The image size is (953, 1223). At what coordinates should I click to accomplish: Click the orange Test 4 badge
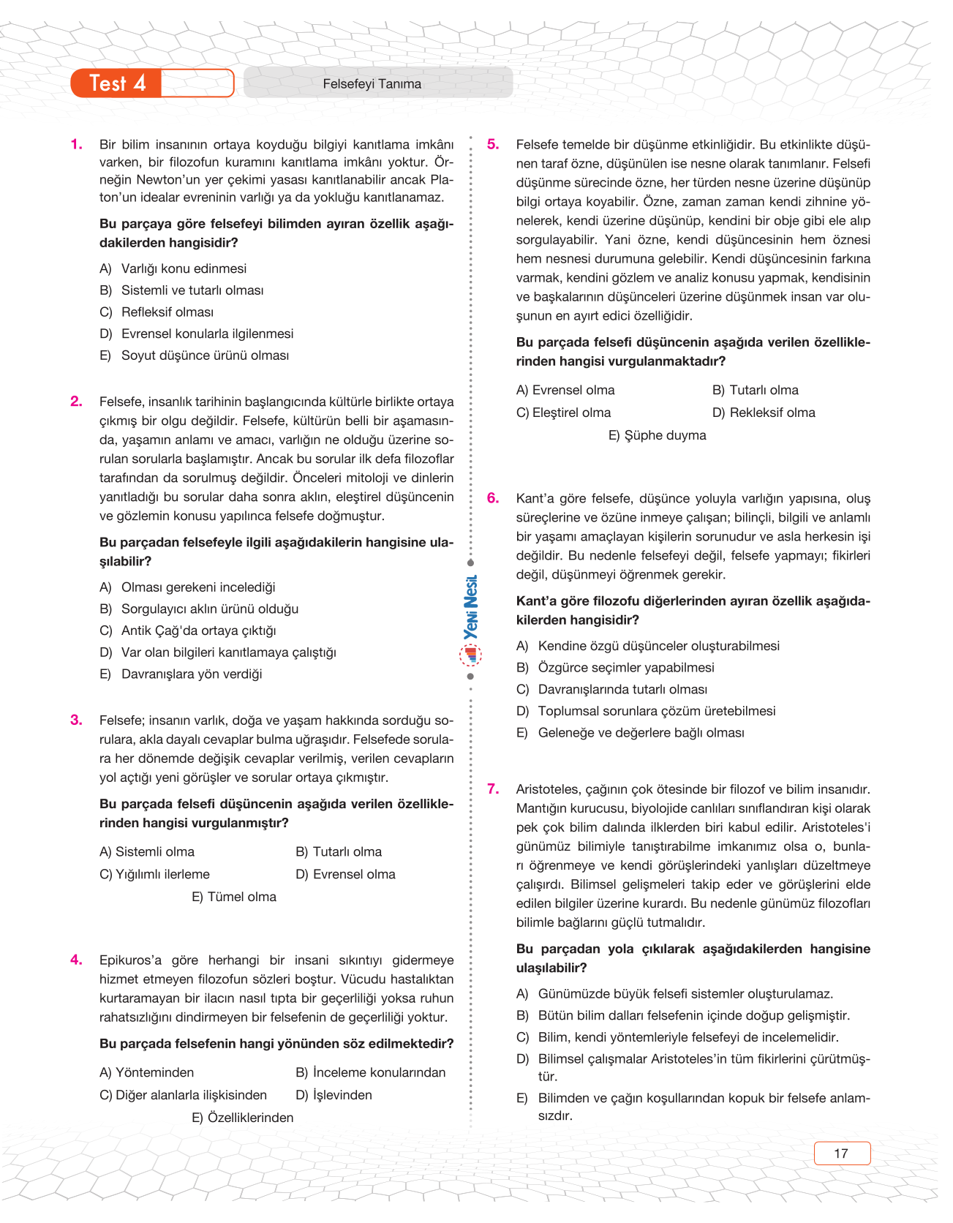pyautogui.click(x=117, y=83)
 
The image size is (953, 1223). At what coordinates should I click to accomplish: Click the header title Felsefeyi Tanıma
pyautogui.click(x=372, y=84)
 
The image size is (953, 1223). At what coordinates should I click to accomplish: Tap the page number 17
pyautogui.click(x=841, y=1154)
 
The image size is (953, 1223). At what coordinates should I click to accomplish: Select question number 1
pyautogui.click(x=77, y=144)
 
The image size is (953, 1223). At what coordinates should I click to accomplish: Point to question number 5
pyautogui.click(x=494, y=144)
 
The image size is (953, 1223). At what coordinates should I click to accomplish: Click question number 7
pyautogui.click(x=494, y=789)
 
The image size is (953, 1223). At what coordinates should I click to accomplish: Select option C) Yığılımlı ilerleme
pyautogui.click(x=154, y=874)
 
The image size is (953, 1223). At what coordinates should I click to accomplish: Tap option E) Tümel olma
pyautogui.click(x=234, y=897)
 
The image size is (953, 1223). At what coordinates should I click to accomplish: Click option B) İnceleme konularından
pyautogui.click(x=370, y=1072)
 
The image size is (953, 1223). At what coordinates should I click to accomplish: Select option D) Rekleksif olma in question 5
pyautogui.click(x=764, y=413)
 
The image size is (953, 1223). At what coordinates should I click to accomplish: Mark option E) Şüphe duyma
pyautogui.click(x=657, y=435)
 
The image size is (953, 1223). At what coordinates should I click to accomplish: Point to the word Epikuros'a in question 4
pyautogui.click(x=130, y=960)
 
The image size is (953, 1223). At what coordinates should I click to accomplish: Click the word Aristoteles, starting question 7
pyautogui.click(x=549, y=789)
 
